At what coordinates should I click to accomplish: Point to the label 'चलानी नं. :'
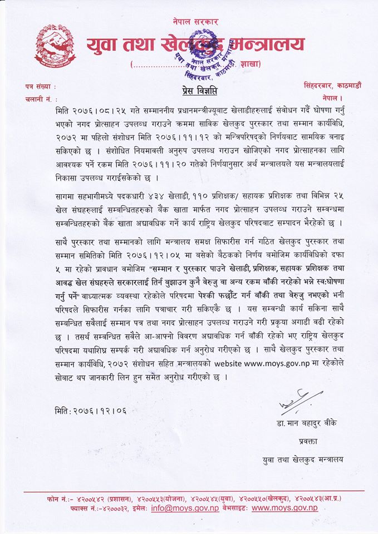coord(41,99)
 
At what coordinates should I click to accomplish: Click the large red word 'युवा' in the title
coord(104,44)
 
